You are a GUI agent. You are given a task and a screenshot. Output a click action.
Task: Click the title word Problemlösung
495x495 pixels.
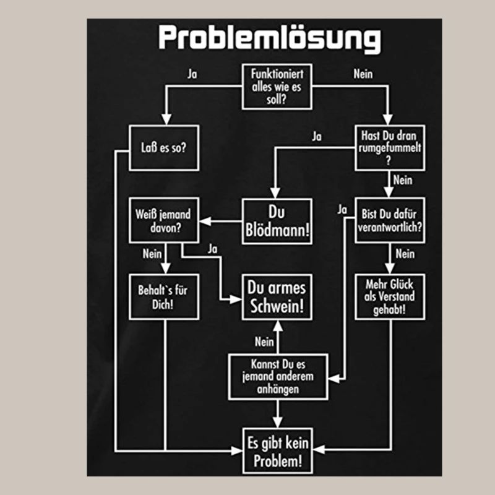click(269, 38)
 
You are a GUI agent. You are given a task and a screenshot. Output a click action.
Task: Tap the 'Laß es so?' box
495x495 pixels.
click(163, 148)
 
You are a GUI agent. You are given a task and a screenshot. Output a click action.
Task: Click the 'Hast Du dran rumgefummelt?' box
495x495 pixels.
click(390, 147)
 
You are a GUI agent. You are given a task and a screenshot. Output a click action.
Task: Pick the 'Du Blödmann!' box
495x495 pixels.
click(277, 222)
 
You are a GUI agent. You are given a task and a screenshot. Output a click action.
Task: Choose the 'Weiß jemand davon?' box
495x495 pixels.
click(163, 222)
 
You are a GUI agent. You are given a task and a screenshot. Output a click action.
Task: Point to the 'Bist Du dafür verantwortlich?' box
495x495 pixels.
click(390, 221)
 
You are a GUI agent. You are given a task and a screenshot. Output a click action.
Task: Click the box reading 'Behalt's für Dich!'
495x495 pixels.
click(164, 297)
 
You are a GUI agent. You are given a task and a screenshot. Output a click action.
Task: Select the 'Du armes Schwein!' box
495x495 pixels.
click(277, 297)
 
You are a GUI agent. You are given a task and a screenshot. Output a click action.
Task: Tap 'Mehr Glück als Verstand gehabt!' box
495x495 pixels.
click(390, 296)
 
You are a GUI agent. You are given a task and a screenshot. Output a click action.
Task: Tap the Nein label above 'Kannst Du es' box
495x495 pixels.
click(264, 342)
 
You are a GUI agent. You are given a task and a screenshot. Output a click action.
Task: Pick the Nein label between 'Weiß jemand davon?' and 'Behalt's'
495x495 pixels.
click(152, 254)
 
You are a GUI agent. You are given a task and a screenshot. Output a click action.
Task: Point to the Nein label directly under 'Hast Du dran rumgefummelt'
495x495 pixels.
click(403, 180)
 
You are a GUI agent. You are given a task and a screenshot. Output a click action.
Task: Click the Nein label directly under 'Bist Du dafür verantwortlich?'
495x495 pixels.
click(404, 254)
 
